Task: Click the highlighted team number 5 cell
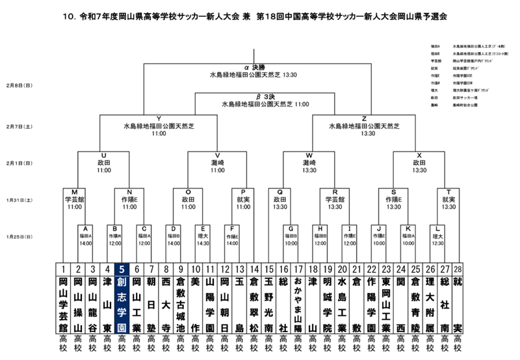point(122,269)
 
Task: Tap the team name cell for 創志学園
point(122,303)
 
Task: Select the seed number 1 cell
point(63,269)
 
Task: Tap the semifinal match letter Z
point(364,118)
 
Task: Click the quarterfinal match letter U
point(103,155)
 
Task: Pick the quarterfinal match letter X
point(419,155)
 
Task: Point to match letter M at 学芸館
point(75,192)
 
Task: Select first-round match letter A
point(86,228)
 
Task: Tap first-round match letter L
point(438,228)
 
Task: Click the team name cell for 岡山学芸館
point(63,303)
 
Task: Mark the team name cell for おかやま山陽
point(298,303)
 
